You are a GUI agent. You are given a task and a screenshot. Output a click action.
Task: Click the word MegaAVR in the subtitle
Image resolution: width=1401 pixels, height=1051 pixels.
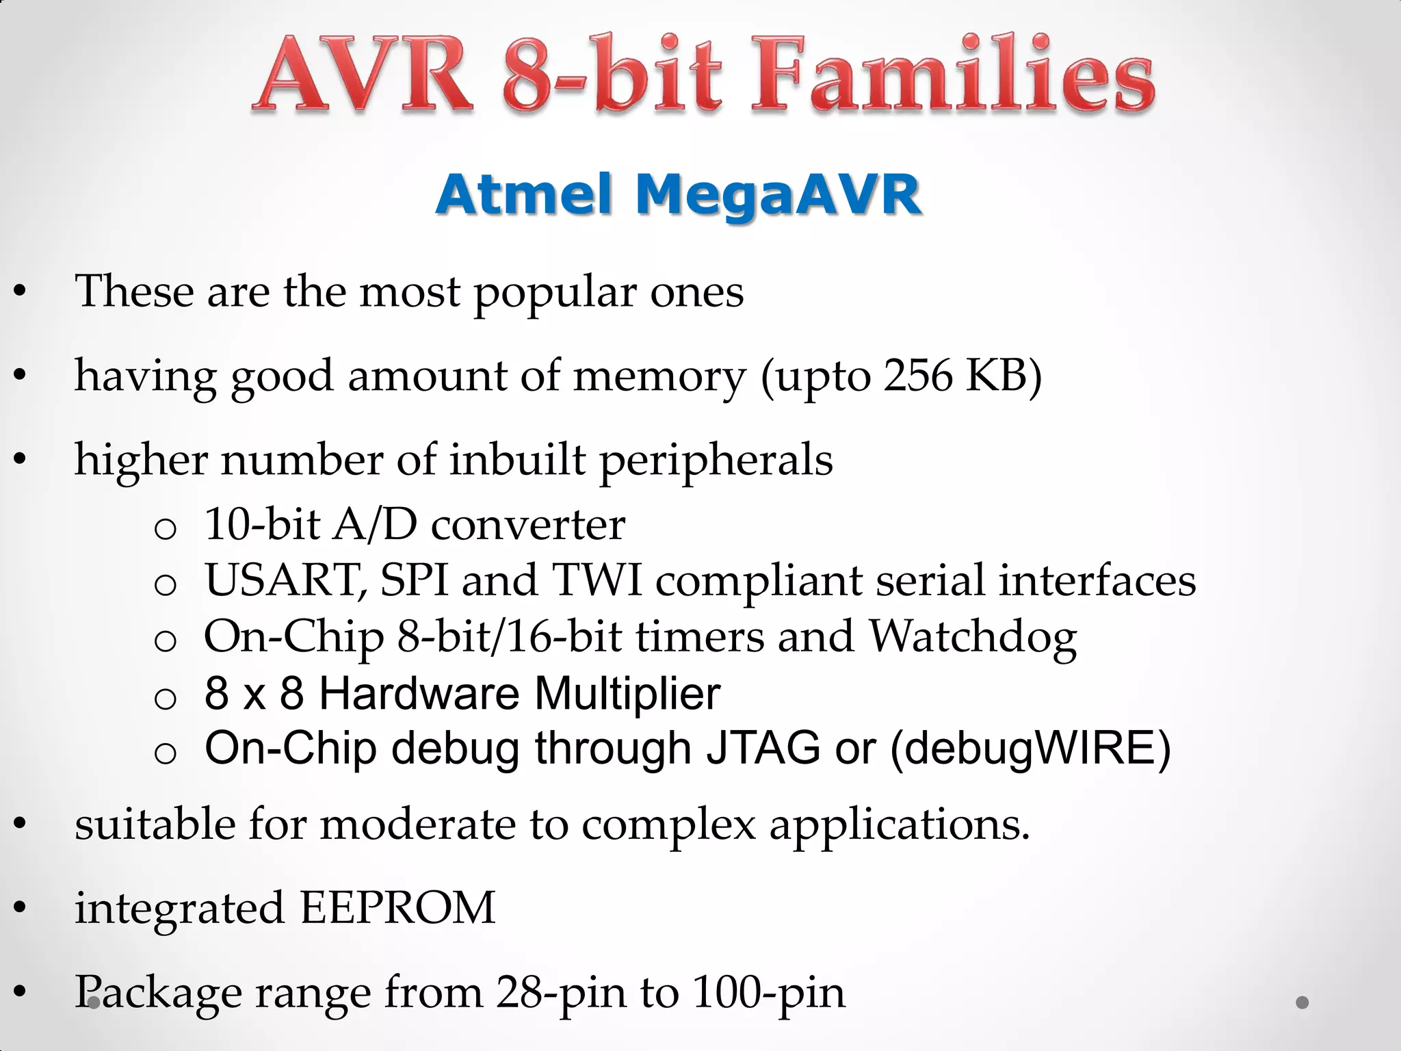coord(778,194)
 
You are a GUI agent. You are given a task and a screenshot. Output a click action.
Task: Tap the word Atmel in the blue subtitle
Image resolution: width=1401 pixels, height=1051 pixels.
coord(524,194)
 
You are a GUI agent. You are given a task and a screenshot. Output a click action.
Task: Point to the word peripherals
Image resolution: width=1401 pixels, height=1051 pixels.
coord(716,460)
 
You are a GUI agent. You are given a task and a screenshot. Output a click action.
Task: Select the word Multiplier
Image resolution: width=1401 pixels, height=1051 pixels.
coord(627,693)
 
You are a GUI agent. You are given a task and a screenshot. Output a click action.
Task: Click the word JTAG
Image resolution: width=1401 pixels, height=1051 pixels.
coord(762,748)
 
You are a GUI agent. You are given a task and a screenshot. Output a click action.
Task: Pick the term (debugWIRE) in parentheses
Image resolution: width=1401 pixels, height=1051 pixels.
coord(1030,748)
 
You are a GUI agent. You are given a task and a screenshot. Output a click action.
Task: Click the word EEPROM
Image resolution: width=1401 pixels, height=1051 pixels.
coord(397,908)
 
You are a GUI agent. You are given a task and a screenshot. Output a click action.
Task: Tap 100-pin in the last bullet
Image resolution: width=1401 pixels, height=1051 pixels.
coord(768,992)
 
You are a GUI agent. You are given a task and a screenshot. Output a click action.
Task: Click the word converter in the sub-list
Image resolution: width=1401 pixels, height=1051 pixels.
coord(527,525)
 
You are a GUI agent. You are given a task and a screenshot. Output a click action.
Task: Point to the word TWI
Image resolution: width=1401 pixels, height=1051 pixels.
coord(597,580)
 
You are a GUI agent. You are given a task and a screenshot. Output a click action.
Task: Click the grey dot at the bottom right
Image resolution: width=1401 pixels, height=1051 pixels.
coord(1302,1002)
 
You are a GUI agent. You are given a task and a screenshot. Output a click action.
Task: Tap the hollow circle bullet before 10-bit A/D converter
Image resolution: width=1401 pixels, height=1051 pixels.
coord(166,529)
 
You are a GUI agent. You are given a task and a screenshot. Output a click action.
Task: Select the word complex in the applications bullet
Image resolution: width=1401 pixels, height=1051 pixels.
coord(668,825)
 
